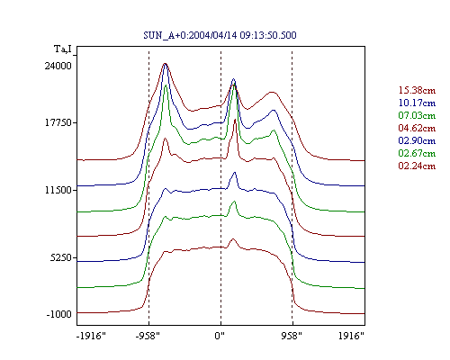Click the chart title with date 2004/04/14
[x=220, y=35]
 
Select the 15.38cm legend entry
[x=417, y=90]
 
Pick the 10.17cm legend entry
[x=417, y=103]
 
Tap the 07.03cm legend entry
[x=417, y=115]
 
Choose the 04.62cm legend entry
[x=417, y=128]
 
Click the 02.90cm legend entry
[x=417, y=140]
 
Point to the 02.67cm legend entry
[x=417, y=153]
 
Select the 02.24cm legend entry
[x=417, y=166]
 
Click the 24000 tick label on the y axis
[x=58, y=66]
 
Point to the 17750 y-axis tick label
[x=58, y=122]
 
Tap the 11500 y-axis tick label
[x=58, y=190]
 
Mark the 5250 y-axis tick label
[x=61, y=257]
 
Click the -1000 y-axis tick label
[x=58, y=314]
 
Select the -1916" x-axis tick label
[x=91, y=336]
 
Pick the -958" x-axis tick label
[x=148, y=336]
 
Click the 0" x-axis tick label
[x=220, y=336]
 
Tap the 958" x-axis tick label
[x=292, y=336]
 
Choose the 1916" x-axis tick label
[x=351, y=336]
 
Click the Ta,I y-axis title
[x=63, y=49]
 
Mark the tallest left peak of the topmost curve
[x=165, y=63]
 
